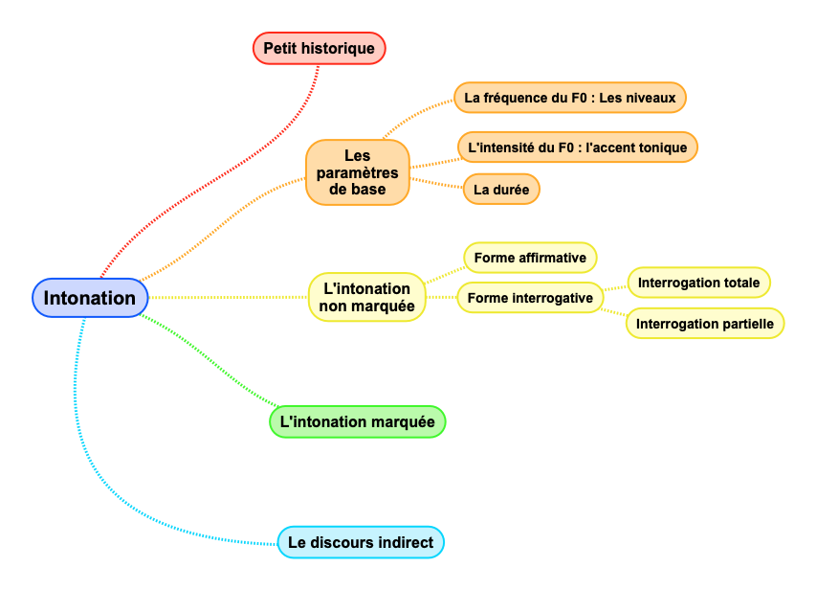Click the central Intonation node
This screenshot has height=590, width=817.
(90, 298)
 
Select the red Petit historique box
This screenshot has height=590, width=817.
(319, 48)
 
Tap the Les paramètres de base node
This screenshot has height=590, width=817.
(357, 172)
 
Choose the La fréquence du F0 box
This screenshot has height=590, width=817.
(569, 98)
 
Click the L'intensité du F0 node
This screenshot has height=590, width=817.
(577, 147)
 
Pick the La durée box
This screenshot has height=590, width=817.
(500, 190)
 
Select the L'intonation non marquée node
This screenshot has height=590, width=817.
(367, 297)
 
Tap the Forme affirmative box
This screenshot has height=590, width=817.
(530, 258)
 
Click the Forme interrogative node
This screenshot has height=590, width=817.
(530, 298)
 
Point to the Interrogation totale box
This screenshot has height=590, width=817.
(698, 283)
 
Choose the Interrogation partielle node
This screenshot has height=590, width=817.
(705, 324)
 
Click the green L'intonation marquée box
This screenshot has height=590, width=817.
(357, 421)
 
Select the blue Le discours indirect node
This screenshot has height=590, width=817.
(360, 543)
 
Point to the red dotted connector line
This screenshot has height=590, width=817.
(210, 173)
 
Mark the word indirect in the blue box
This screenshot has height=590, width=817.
(405, 543)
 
